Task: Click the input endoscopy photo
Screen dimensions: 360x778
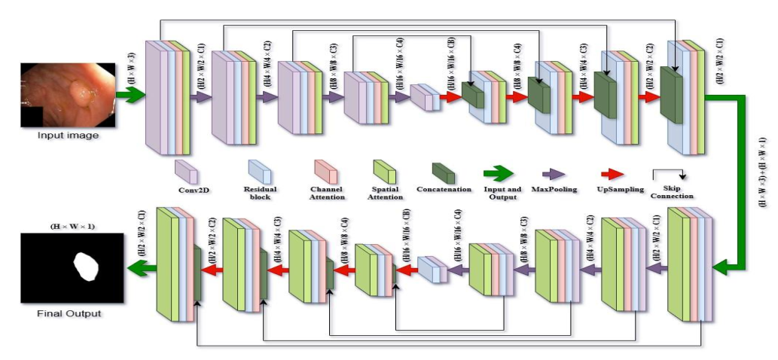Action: [x=69, y=94]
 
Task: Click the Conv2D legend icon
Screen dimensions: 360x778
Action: [x=186, y=172]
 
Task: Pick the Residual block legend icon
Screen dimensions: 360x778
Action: [x=260, y=172]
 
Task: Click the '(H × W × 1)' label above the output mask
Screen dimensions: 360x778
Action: [x=72, y=225]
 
